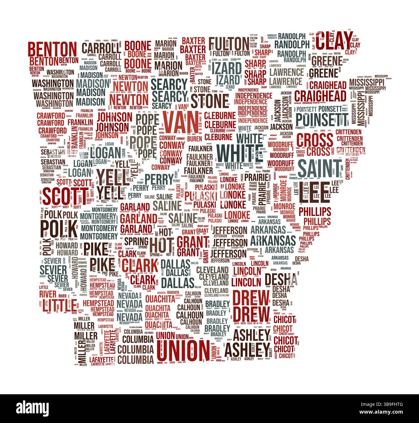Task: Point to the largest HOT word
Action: [x=162, y=245]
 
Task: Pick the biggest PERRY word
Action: [x=159, y=178]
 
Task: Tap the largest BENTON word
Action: [x=52, y=49]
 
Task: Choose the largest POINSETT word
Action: [x=322, y=119]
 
